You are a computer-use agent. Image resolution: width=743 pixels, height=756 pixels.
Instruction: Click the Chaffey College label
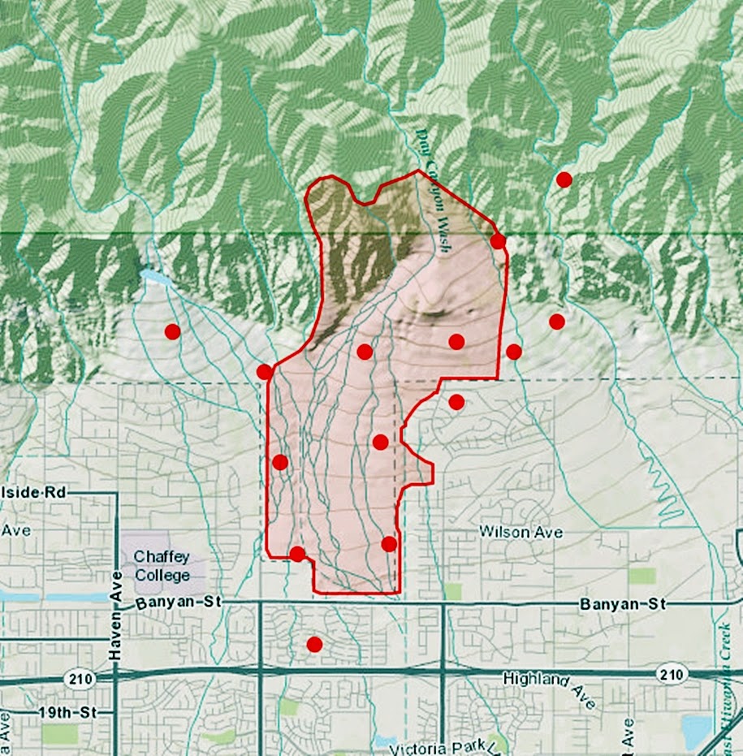(x=162, y=565)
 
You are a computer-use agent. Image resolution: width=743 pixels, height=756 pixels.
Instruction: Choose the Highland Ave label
(x=550, y=687)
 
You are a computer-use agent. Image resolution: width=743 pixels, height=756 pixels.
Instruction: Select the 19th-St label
(x=61, y=713)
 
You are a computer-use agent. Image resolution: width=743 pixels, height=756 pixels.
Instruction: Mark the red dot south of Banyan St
(x=314, y=645)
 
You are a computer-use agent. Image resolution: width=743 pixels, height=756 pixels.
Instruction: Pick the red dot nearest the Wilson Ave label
(x=389, y=544)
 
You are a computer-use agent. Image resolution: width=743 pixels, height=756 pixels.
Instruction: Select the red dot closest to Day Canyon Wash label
(x=498, y=241)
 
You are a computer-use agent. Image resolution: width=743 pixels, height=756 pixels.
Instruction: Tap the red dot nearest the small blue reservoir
(x=172, y=331)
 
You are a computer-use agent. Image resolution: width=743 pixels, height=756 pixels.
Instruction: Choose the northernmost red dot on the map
(x=564, y=179)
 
